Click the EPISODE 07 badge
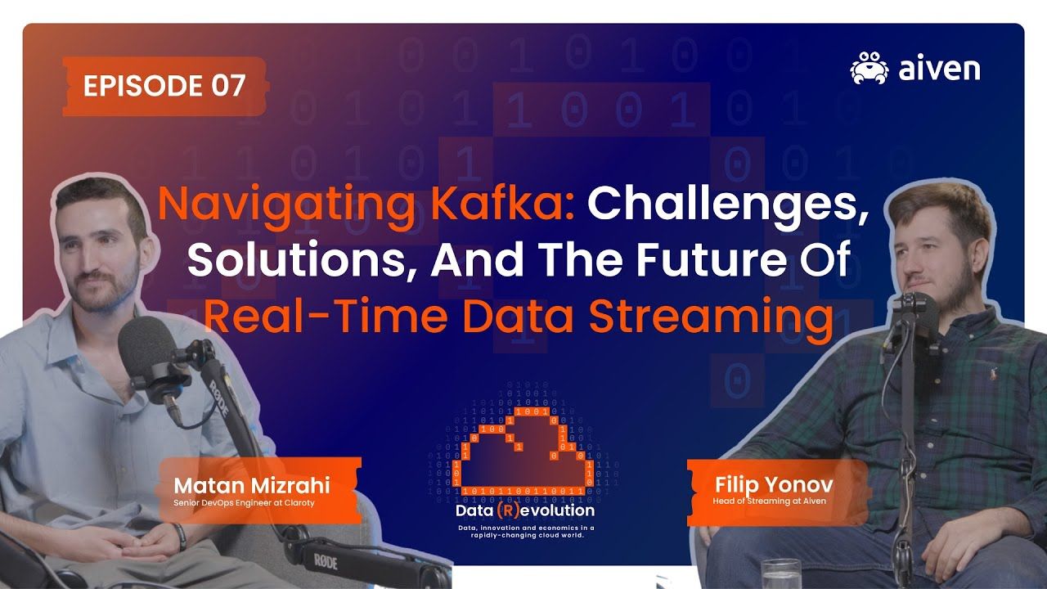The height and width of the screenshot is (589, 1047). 164,86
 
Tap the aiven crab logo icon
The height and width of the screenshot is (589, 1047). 869,68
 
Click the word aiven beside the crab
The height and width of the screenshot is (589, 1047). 939,69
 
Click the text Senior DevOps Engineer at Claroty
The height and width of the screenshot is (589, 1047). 244,503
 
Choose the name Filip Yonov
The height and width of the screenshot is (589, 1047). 774,484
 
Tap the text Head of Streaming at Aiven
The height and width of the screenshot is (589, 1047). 770,501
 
